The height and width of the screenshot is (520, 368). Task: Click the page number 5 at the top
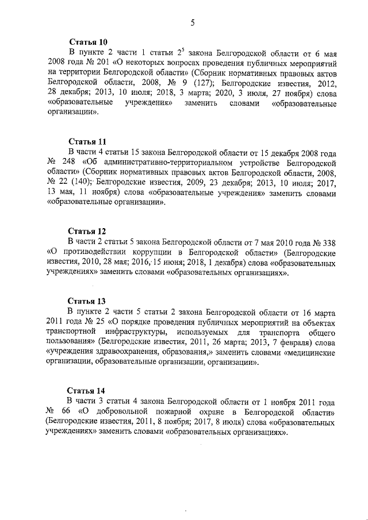(192, 23)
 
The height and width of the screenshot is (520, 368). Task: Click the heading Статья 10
(87, 43)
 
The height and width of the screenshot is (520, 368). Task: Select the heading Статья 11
(87, 141)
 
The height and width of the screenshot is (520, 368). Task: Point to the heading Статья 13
(87, 301)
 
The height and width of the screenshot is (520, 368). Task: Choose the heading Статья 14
(87, 391)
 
